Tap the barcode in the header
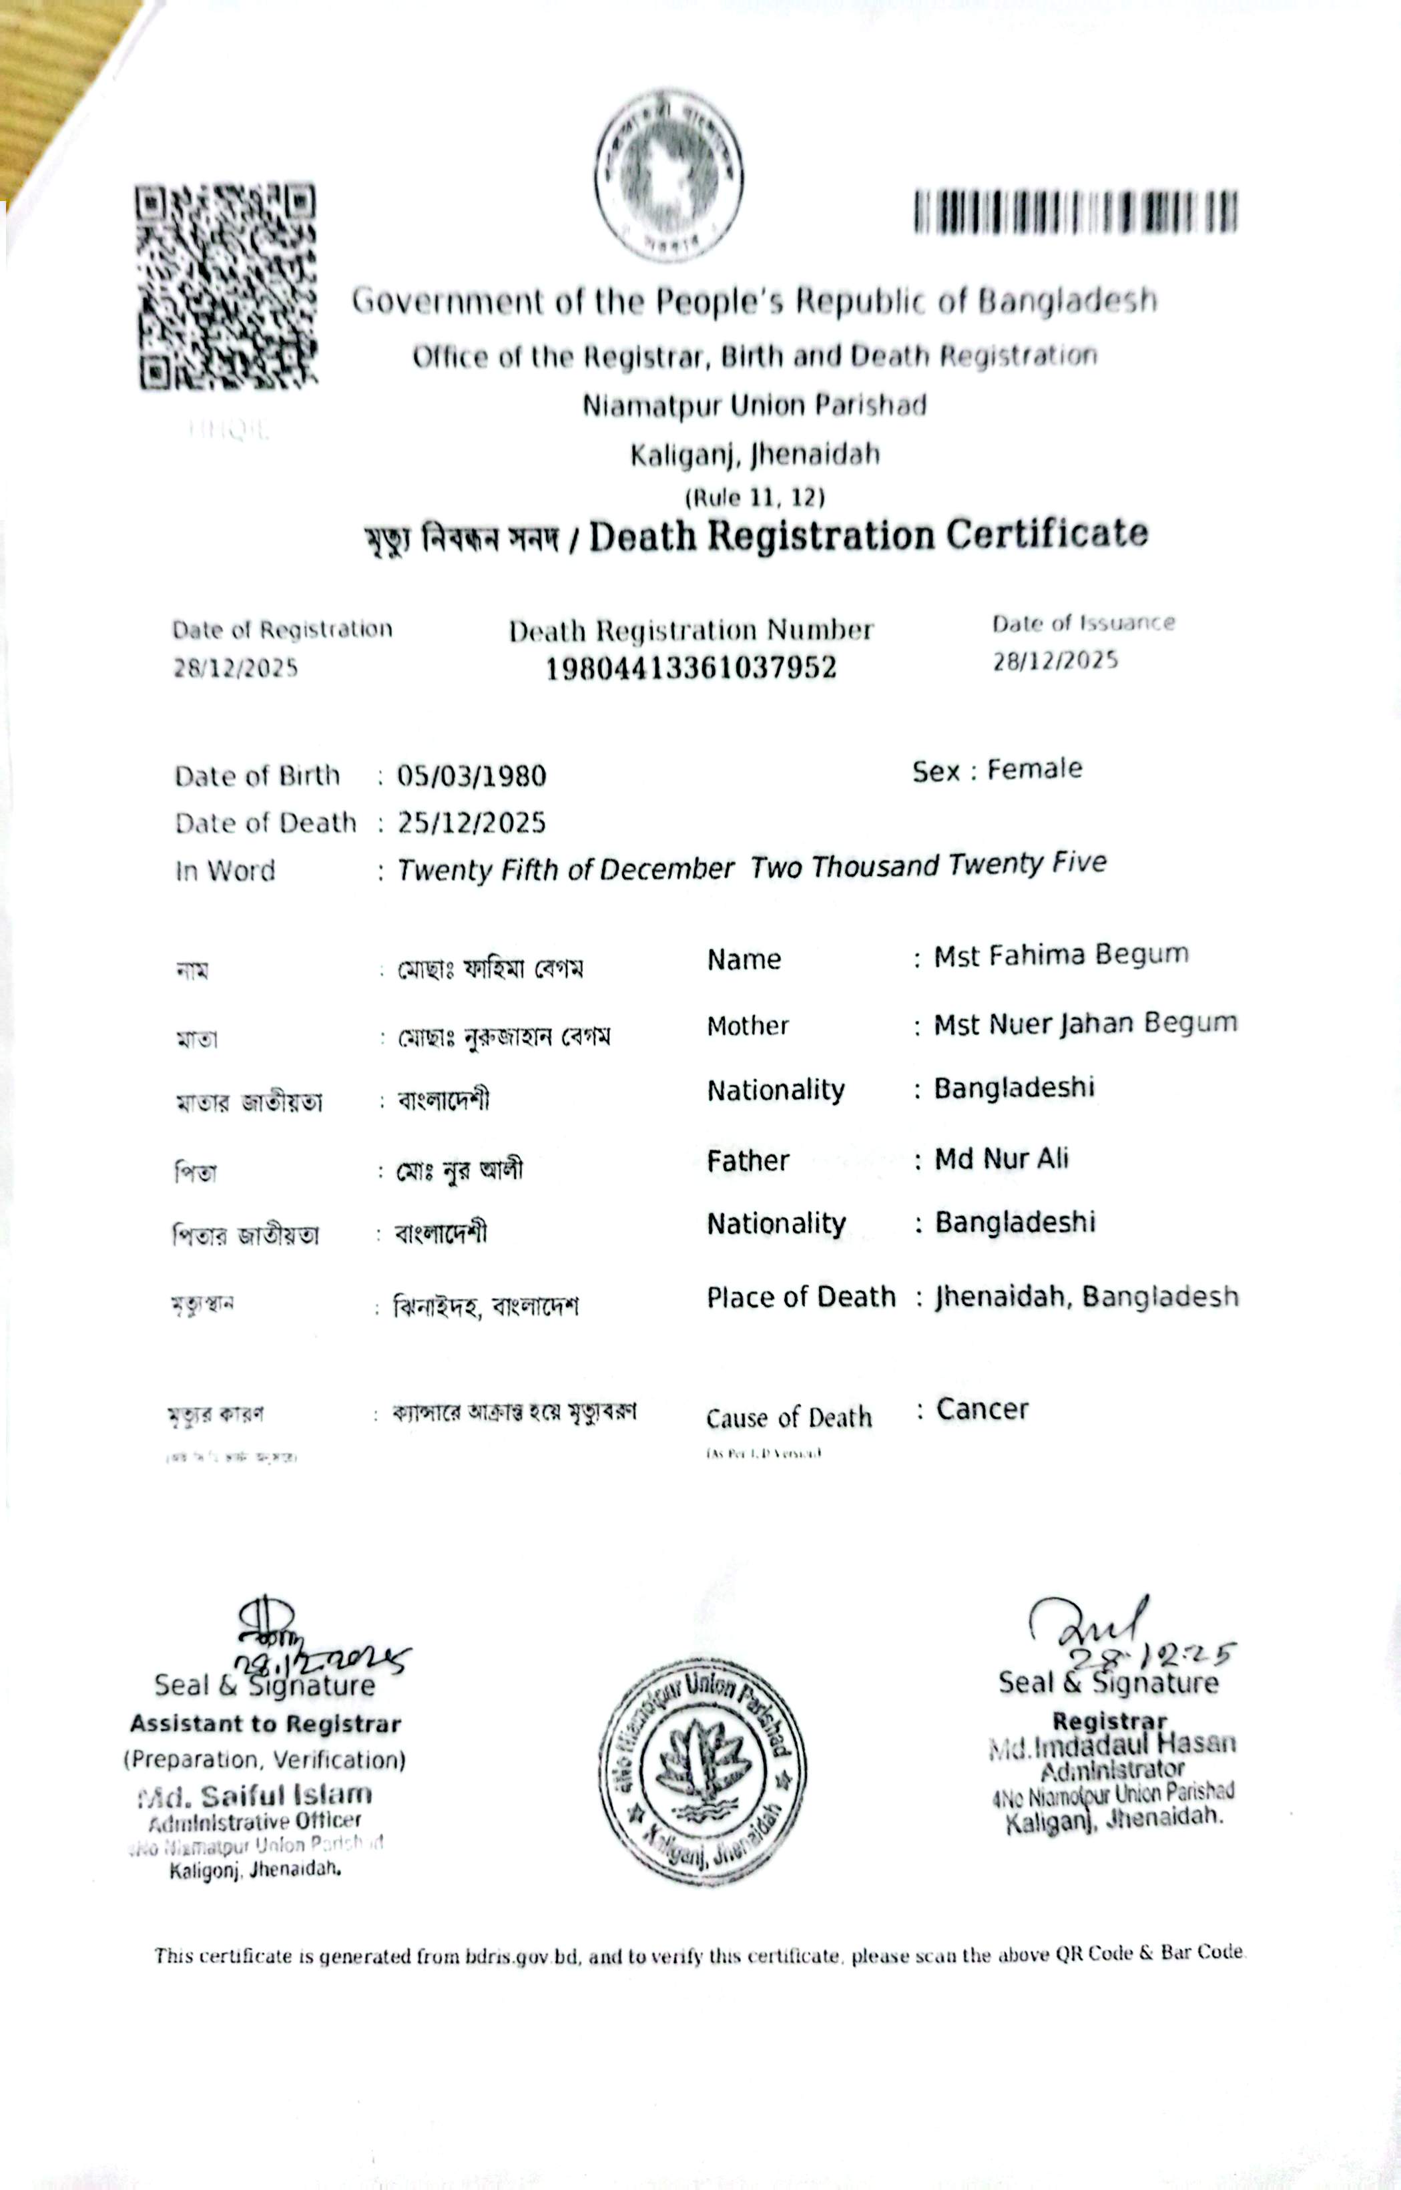[x=1075, y=212]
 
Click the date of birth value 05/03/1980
[x=471, y=776]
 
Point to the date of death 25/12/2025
[x=471, y=823]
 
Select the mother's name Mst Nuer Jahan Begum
[x=1085, y=1024]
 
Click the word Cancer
[x=982, y=1409]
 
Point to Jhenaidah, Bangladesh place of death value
[x=1087, y=1297]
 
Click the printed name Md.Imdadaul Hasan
[x=1112, y=1744]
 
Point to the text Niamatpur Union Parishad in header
[x=754, y=405]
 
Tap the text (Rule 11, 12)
[x=754, y=497]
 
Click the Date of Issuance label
[x=1083, y=623]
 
